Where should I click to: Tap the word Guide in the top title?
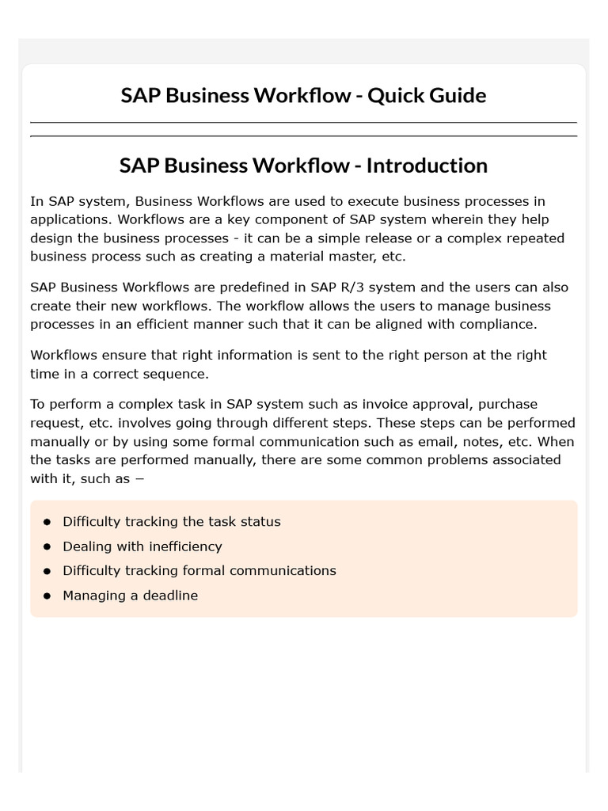coord(458,96)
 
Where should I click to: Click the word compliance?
coord(494,324)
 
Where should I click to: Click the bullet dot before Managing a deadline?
coord(47,595)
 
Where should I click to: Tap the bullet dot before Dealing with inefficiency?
coord(47,546)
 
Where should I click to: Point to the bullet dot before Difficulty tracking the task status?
coord(47,522)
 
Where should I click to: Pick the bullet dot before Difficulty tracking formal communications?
coord(47,571)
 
